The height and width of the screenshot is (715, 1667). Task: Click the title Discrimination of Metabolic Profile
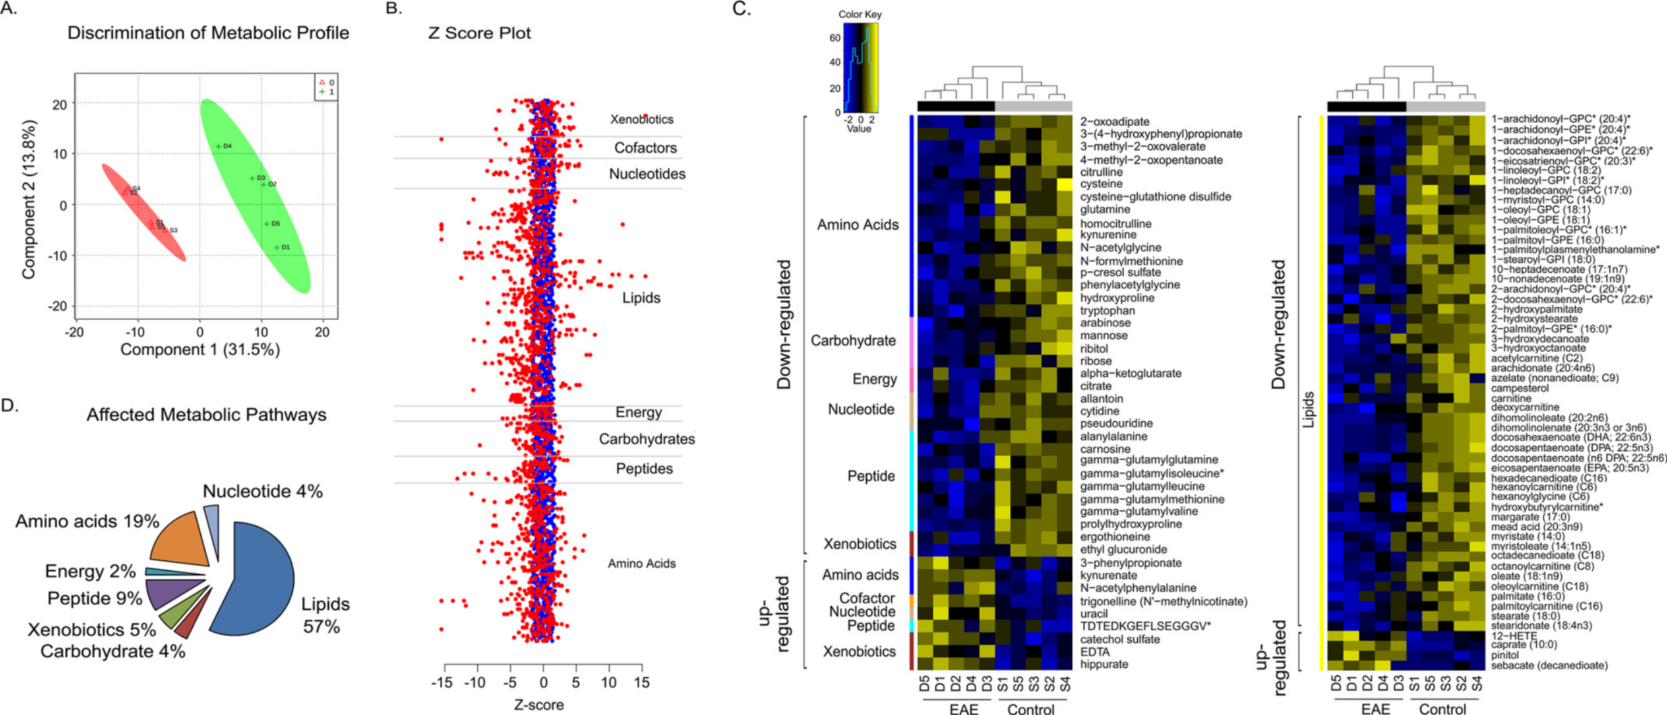(x=208, y=33)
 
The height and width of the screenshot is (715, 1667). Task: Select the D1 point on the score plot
(x=277, y=247)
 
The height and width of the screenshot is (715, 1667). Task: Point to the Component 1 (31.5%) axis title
(x=200, y=350)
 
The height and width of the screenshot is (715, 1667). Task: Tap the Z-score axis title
(x=539, y=704)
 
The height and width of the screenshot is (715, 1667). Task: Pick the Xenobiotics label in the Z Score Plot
(x=641, y=120)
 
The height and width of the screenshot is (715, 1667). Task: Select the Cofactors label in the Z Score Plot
(x=645, y=148)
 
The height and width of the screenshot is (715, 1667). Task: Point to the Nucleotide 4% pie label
(x=262, y=492)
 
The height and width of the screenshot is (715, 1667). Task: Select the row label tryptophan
(x=1107, y=311)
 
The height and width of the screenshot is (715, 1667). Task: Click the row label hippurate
(x=1104, y=664)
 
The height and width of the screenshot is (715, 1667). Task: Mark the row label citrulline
(x=1102, y=172)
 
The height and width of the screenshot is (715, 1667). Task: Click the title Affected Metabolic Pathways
(x=206, y=415)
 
